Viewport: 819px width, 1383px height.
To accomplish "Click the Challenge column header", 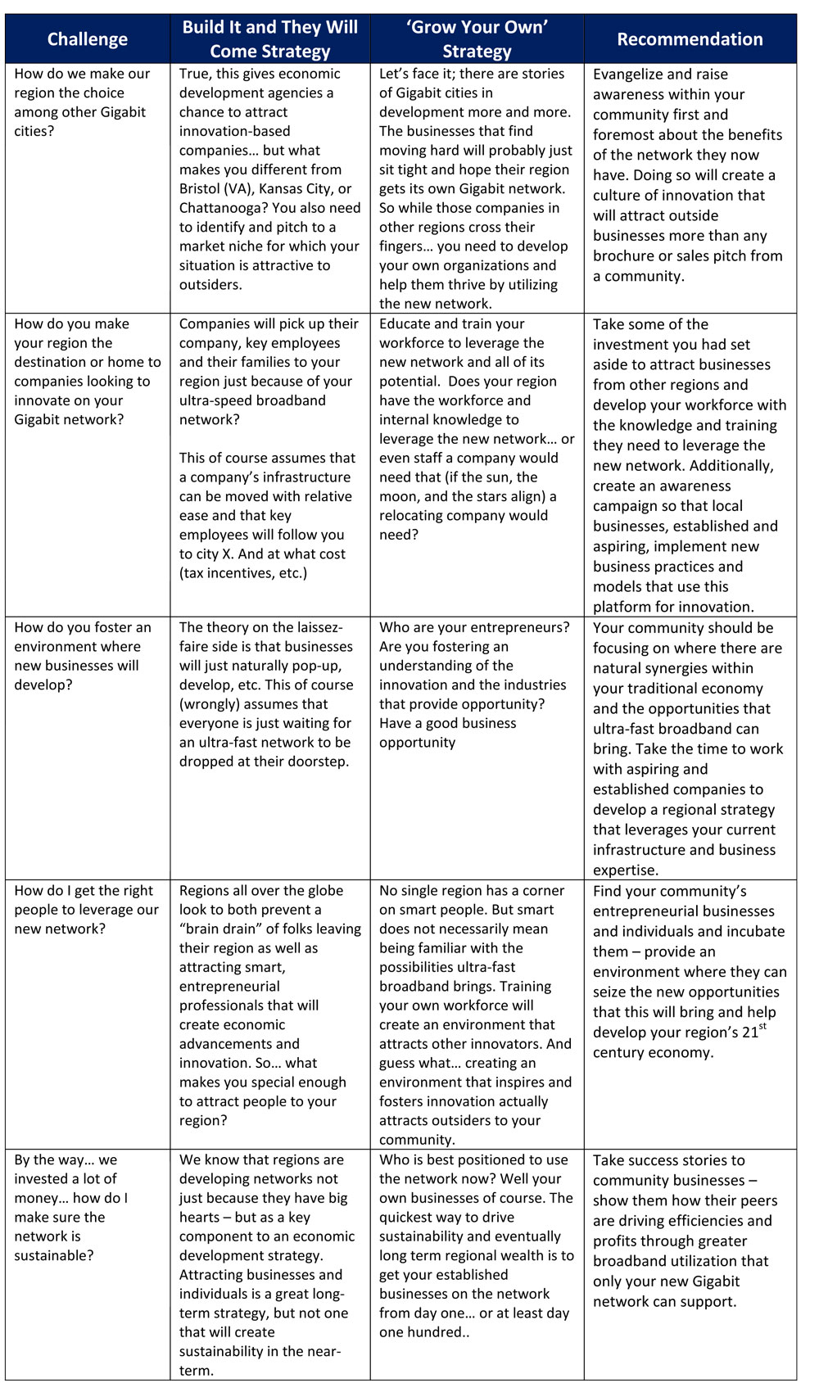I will [88, 39].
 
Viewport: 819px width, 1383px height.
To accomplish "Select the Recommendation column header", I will [690, 39].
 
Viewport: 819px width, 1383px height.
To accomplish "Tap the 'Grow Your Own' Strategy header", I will [477, 39].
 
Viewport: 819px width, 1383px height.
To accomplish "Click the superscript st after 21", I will [762, 1026].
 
